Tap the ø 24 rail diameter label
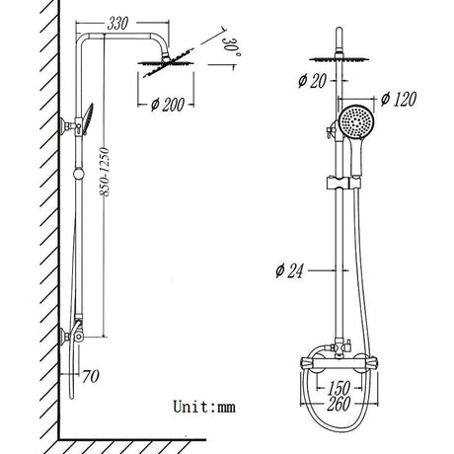coord(288,270)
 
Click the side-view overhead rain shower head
coord(158,65)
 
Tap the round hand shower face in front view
coord(352,125)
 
